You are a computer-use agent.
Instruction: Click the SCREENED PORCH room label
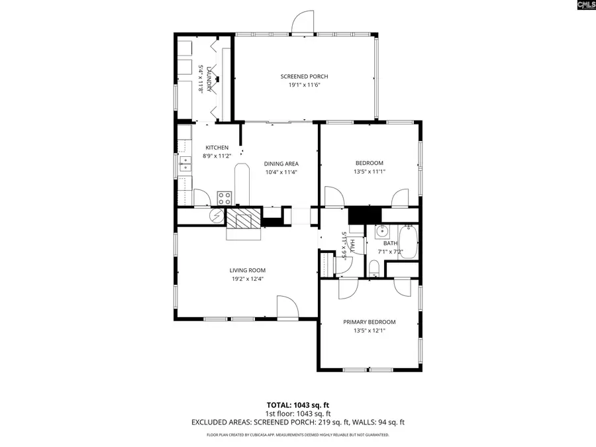304,77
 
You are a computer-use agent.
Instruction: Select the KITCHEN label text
217,148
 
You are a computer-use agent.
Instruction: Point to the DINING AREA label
281,164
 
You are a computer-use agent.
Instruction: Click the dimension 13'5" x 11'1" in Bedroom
369,172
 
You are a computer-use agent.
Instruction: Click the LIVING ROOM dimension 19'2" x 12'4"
247,279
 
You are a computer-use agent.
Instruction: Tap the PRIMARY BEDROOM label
369,322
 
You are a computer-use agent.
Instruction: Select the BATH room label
390,243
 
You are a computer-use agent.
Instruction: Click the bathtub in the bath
408,242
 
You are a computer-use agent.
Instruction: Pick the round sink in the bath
381,232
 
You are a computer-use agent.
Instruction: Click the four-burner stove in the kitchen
225,197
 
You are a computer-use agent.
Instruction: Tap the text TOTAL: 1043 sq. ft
297,404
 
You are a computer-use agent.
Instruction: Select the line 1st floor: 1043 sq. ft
297,413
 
